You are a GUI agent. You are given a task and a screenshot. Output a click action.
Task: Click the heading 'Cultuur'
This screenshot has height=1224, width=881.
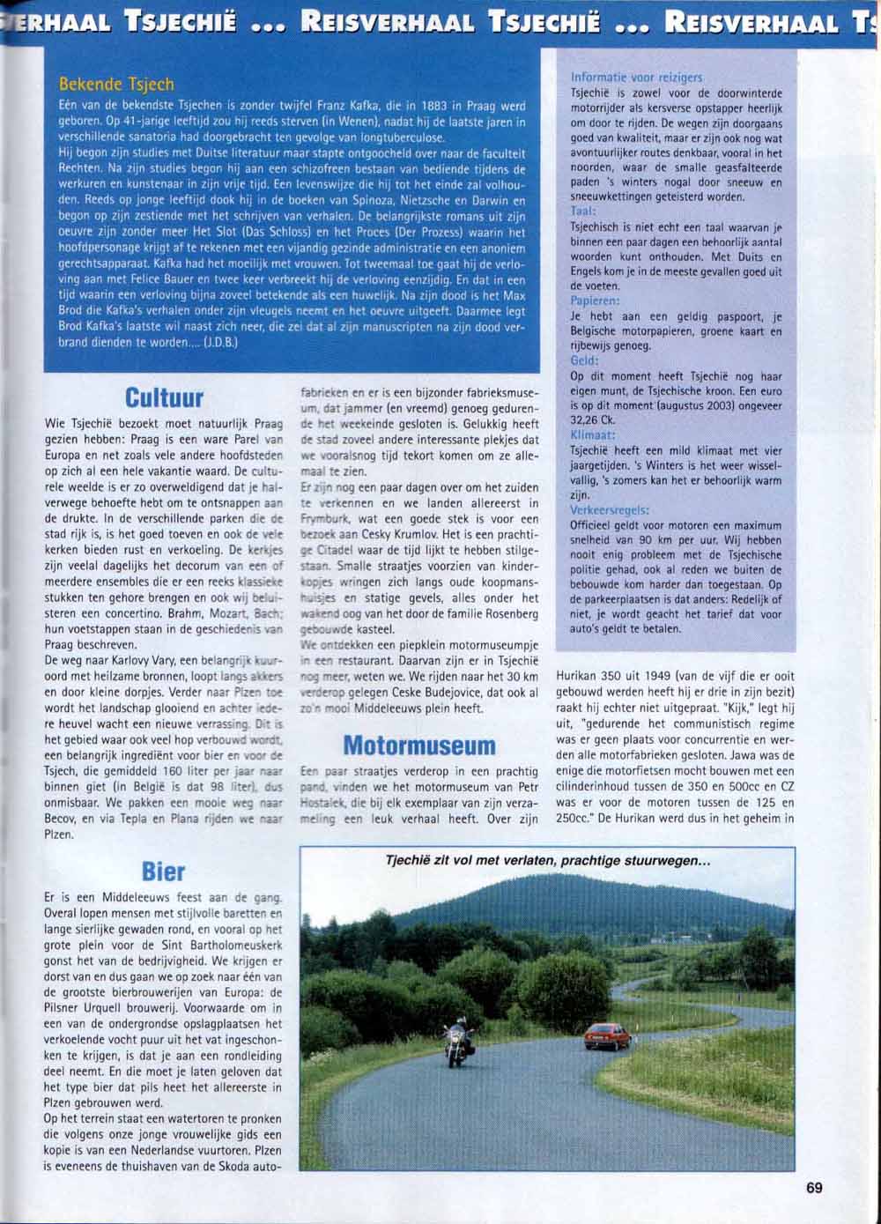[x=163, y=397]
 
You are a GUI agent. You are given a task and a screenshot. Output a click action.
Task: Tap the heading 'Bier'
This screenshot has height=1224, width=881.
[x=163, y=872]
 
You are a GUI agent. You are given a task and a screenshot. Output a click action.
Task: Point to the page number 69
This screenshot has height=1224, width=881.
[x=814, y=1188]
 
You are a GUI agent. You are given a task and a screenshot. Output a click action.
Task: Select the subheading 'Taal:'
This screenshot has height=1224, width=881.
[x=583, y=211]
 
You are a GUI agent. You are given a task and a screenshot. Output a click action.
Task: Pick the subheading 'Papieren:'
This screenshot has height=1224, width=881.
[x=596, y=300]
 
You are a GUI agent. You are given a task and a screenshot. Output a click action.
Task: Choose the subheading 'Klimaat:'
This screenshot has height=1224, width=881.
[x=592, y=435]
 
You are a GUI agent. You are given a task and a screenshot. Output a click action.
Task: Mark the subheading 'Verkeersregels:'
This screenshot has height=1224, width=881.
[x=611, y=510]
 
